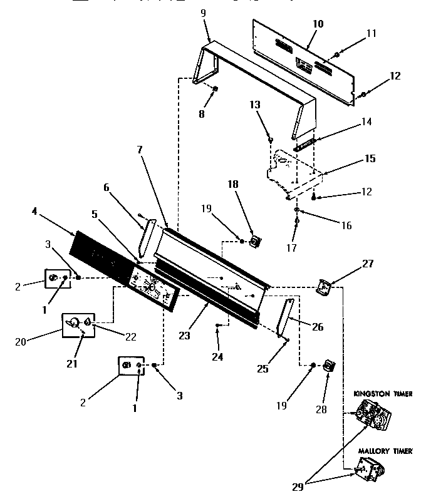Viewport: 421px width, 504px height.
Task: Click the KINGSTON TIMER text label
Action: click(x=383, y=394)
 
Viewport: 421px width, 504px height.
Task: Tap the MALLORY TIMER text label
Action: click(x=385, y=450)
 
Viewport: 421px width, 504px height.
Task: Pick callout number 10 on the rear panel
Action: click(x=318, y=24)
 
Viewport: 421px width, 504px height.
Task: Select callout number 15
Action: click(x=370, y=158)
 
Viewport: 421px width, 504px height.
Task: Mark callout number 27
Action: click(x=367, y=264)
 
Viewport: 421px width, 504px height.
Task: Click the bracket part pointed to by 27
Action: click(x=325, y=287)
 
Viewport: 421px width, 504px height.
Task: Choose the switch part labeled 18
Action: click(x=255, y=240)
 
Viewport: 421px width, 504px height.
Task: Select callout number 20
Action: click(x=21, y=342)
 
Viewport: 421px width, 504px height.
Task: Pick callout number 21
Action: click(x=72, y=364)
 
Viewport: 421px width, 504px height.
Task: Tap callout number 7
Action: click(x=140, y=149)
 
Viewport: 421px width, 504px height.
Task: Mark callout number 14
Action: click(x=366, y=122)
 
